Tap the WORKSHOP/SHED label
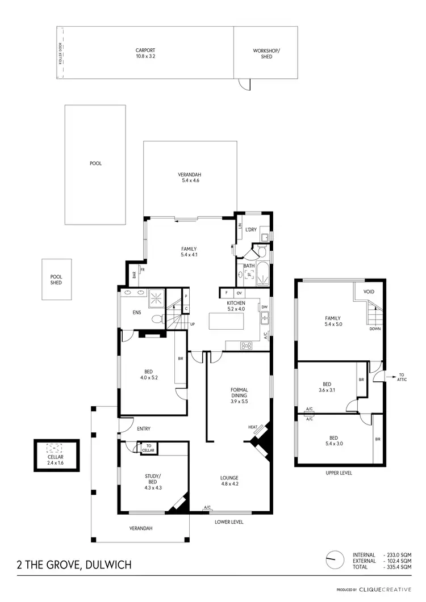(x=266, y=53)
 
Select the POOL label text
(x=95, y=163)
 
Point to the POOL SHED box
(x=56, y=279)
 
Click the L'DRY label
(x=252, y=229)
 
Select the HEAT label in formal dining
(x=253, y=427)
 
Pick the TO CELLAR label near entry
(x=149, y=448)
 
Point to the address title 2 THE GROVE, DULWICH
(x=74, y=565)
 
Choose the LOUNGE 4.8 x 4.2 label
(x=229, y=481)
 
